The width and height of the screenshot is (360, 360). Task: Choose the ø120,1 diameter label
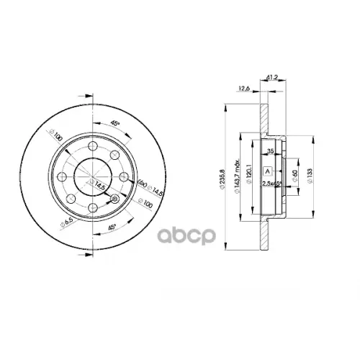(248, 175)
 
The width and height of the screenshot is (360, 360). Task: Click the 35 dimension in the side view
(269, 151)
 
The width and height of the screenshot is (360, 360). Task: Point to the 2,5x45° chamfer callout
(271, 185)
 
